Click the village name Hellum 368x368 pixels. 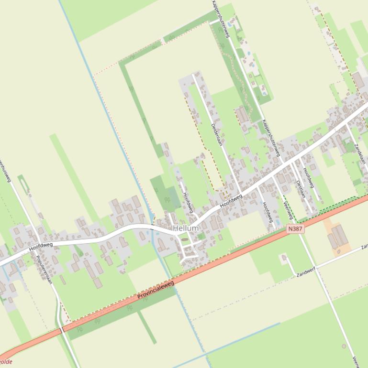pos(186,228)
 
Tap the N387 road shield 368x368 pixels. pos(295,229)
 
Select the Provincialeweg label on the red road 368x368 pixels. pos(156,290)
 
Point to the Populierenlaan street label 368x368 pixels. pos(44,269)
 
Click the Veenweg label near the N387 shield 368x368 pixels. pos(288,210)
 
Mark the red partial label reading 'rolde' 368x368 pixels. pos(6,362)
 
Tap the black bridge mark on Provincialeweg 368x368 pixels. pos(62,330)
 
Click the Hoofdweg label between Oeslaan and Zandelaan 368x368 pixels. pos(308,177)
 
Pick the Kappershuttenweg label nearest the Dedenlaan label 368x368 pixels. pos(271,138)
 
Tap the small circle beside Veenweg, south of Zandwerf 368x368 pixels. pos(344,346)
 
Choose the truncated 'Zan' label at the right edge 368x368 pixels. pos(364,246)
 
